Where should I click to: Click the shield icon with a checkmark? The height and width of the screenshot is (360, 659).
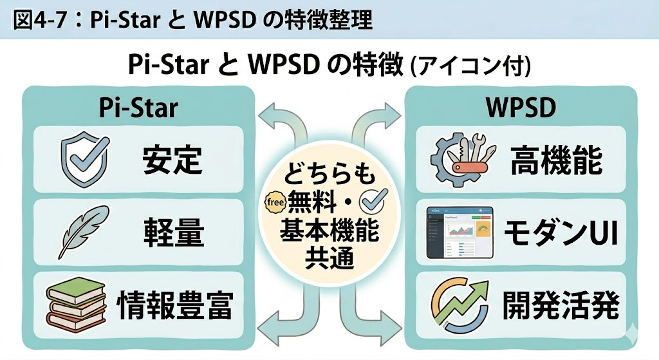[x=85, y=158]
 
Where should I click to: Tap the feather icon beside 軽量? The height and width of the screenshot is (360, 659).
[x=84, y=232]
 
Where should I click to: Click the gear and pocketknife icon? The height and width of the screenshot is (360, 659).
[x=463, y=159]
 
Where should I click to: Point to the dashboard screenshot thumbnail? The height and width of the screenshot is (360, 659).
[x=459, y=232]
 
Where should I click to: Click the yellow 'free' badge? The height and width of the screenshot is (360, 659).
[x=275, y=202]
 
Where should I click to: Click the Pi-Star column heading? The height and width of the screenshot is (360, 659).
[x=139, y=108]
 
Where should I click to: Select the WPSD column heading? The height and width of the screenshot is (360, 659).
[x=521, y=108]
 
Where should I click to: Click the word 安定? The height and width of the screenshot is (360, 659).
[x=172, y=160]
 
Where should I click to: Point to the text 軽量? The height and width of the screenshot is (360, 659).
[x=173, y=232]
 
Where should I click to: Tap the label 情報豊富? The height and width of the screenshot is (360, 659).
[x=174, y=305]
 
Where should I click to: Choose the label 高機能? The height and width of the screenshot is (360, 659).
[x=557, y=160]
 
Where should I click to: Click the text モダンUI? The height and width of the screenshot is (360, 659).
[x=561, y=232]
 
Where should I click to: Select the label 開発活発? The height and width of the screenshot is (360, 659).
[x=561, y=305]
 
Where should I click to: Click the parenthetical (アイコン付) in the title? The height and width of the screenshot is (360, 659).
[x=470, y=66]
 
